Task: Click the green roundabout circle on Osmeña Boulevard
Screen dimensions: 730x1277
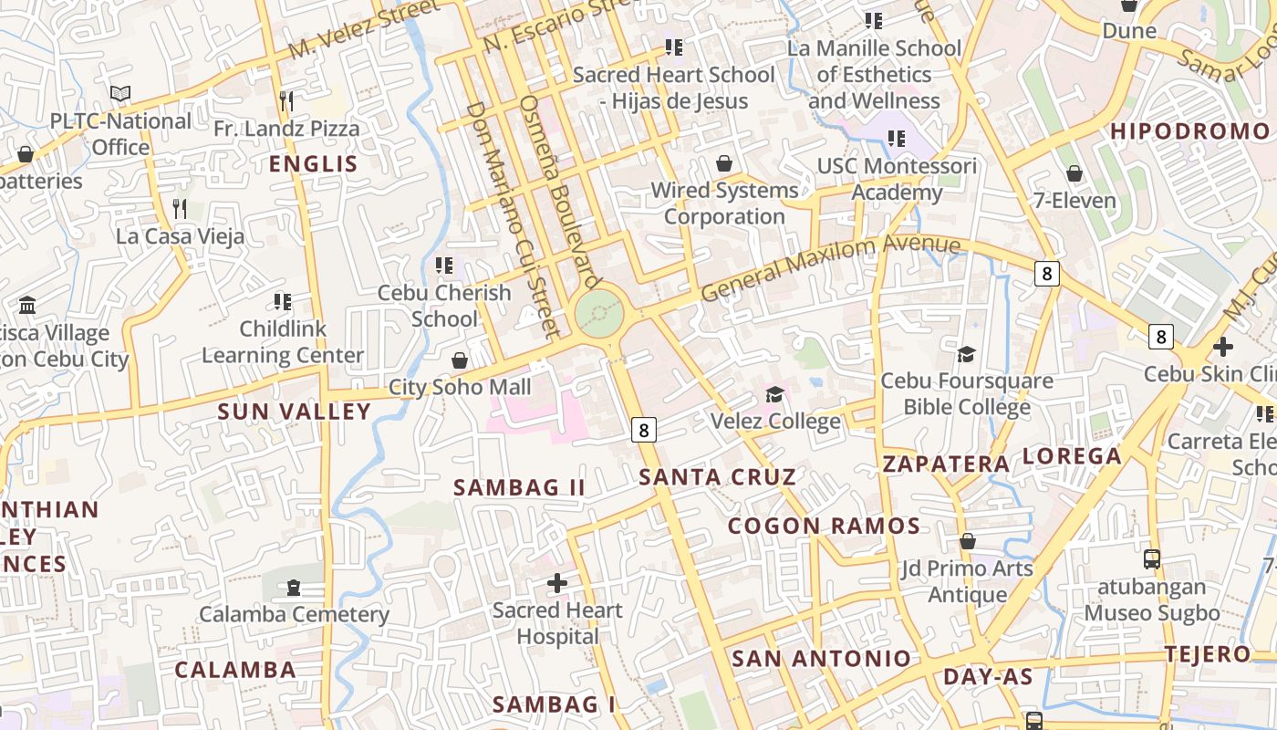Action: [x=599, y=314]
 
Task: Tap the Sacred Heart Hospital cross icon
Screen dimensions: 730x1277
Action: [x=557, y=583]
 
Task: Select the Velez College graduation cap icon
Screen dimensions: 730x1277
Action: [x=774, y=394]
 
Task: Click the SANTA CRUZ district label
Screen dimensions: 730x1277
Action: [x=717, y=476]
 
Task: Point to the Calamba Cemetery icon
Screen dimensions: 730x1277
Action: [x=294, y=588]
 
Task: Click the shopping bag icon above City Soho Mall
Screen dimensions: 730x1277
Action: [x=460, y=360]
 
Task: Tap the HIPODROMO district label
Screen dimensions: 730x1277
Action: [x=1189, y=131]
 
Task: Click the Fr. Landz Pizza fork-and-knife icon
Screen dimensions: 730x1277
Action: [x=286, y=100]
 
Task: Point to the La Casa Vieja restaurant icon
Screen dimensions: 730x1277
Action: [x=180, y=209]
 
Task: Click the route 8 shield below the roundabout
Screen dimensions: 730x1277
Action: [x=644, y=429]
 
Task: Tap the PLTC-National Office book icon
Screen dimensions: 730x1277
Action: [x=120, y=93]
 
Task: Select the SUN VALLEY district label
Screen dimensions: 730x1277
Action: [x=294, y=412]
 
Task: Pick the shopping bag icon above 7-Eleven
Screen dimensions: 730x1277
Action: [x=1075, y=173]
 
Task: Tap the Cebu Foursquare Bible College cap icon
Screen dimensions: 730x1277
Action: [x=966, y=354]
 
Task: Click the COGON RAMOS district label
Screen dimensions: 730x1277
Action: [x=824, y=526]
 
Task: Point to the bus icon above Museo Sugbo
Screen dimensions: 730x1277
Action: [x=1152, y=559]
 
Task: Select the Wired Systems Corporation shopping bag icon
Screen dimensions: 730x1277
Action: [x=724, y=163]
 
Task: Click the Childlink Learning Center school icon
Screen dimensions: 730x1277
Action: [x=283, y=301]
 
